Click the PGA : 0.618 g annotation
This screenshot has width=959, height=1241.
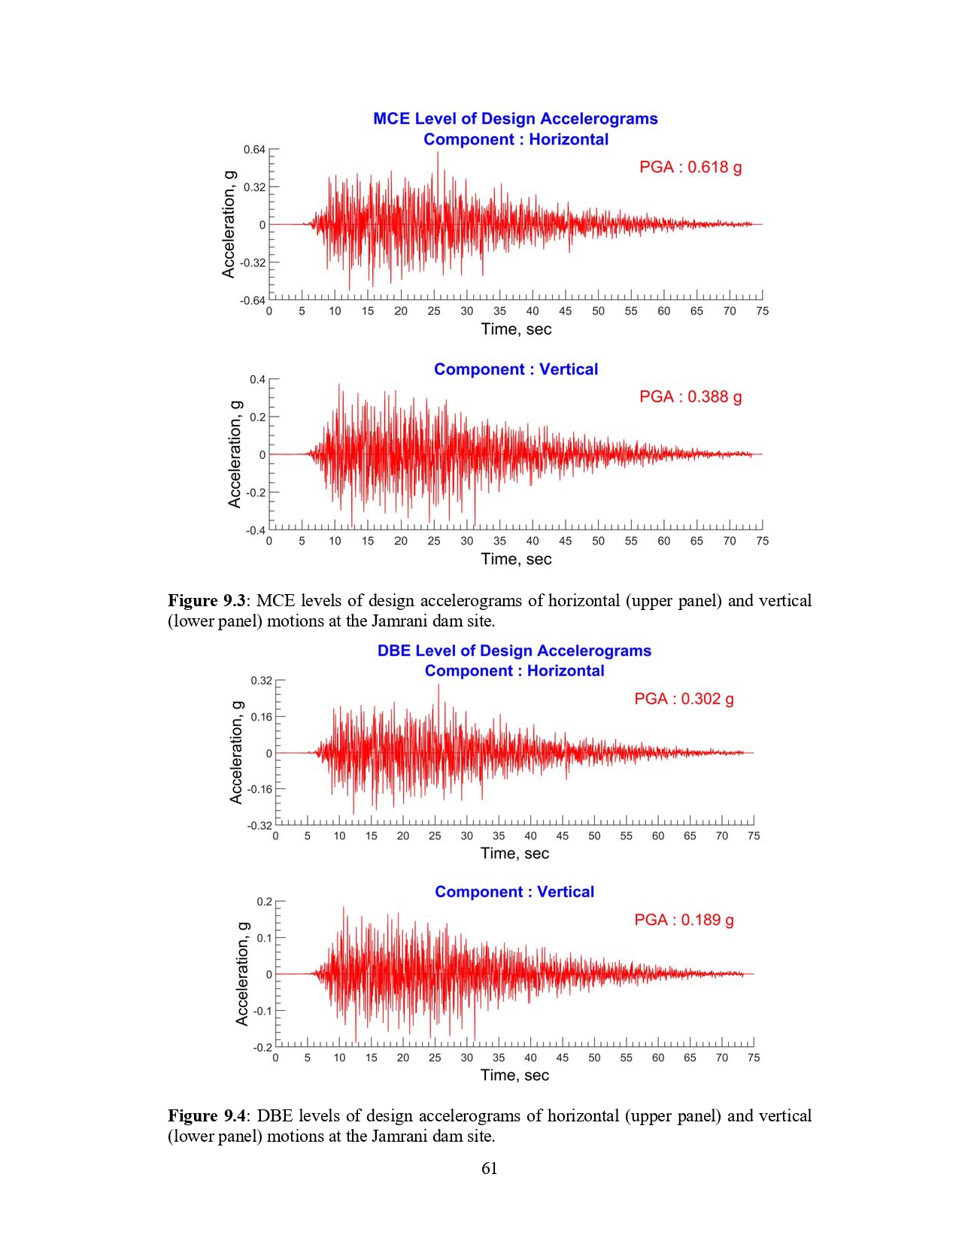pos(690,167)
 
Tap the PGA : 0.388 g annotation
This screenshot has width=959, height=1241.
pos(690,396)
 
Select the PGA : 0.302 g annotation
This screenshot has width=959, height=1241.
pos(684,699)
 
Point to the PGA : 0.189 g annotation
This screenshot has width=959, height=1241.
pos(684,920)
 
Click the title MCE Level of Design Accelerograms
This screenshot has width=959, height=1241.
pos(515,118)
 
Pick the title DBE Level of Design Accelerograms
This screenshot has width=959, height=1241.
pos(514,651)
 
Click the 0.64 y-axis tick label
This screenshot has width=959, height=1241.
pos(254,150)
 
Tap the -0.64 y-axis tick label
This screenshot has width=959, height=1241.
pos(253,300)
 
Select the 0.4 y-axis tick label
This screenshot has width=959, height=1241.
pos(257,380)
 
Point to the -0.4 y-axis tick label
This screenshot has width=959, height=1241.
pos(255,530)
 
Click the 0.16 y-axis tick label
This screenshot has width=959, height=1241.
pos(261,717)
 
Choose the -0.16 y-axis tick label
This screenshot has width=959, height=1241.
pos(259,789)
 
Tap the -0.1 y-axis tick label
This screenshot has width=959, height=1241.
pos(263,1011)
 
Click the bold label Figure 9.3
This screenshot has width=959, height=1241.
pos(206,600)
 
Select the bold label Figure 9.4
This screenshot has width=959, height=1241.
pos(206,1115)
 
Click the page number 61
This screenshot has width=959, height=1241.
pos(490,1168)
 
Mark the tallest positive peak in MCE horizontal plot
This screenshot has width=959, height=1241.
pos(438,153)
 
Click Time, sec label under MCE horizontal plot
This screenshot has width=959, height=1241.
pos(516,329)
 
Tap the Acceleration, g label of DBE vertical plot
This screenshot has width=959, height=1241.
pos(241,974)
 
